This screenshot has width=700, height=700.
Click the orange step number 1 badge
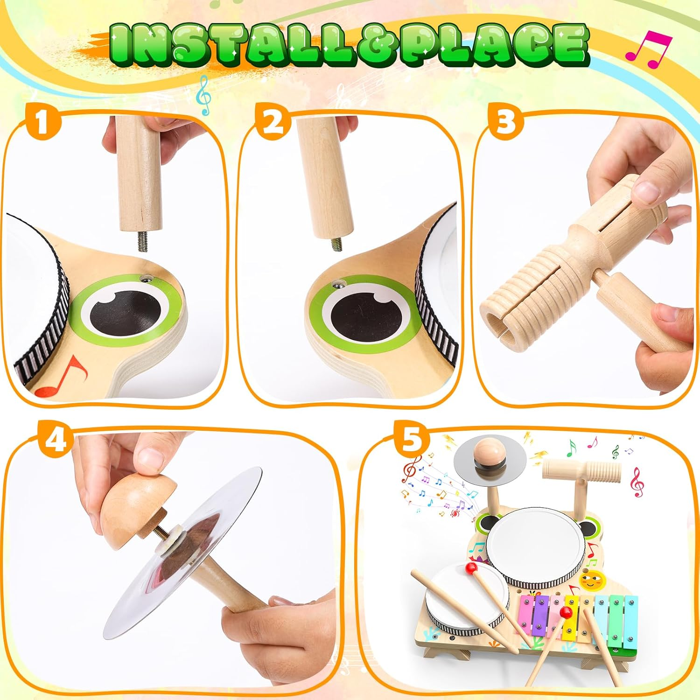coord(43,122)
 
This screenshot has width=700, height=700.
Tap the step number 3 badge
coord(505,122)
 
